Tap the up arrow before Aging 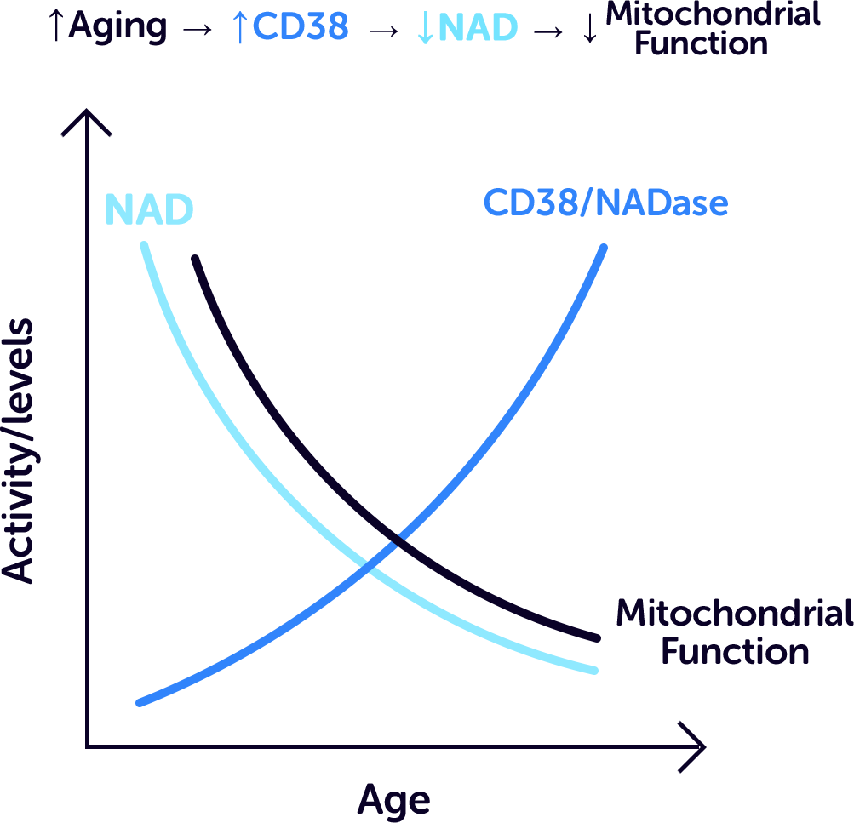[x=55, y=27]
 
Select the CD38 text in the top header [x=301, y=27]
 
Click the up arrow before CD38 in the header [x=240, y=27]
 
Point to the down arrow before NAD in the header [x=424, y=28]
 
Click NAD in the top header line [x=478, y=27]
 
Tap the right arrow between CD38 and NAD [x=384, y=29]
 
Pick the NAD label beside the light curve [x=149, y=209]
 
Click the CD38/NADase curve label [x=605, y=203]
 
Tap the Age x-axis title [x=393, y=801]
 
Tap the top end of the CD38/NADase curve [x=604, y=249]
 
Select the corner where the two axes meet [x=87, y=746]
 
